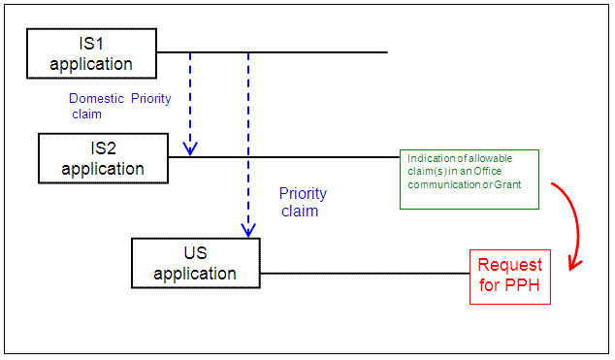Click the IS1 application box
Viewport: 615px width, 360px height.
[x=91, y=53]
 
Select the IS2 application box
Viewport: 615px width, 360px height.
[x=103, y=157]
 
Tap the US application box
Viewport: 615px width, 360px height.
[x=196, y=262]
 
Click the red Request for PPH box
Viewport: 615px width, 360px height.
[x=510, y=277]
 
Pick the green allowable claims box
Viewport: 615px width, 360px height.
[x=469, y=180]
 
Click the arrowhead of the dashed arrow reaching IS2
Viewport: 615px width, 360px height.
[x=190, y=147]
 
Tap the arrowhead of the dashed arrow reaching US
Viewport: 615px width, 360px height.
[x=248, y=230]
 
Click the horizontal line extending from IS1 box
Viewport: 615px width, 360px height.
[x=272, y=52]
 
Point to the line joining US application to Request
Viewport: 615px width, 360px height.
[x=365, y=273]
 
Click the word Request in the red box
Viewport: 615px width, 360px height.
[x=510, y=266]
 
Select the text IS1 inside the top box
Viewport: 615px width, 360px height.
[x=92, y=45]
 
